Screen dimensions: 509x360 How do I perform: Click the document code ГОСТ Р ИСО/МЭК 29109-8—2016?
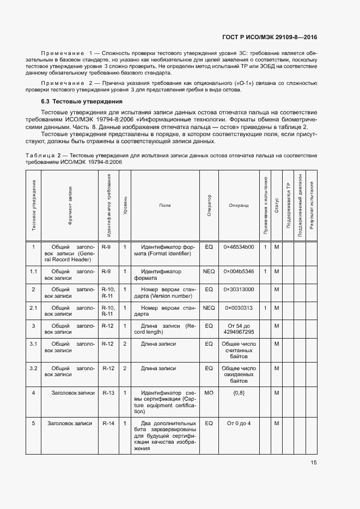click(270, 38)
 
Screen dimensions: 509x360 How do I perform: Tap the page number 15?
click(314, 463)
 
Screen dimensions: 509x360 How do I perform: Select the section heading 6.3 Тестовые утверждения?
click(82, 102)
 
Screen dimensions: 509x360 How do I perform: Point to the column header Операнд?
click(239, 205)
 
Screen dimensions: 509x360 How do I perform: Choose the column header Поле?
click(165, 205)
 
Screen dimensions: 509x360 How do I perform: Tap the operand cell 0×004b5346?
click(239, 271)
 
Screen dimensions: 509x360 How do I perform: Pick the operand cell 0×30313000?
click(239, 289)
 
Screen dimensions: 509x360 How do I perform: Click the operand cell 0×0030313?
click(239, 308)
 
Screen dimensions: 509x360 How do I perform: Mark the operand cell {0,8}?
click(239, 393)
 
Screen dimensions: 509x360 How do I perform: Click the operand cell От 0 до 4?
click(239, 423)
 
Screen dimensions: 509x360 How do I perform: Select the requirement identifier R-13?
click(108, 393)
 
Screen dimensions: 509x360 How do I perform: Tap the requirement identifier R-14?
click(108, 423)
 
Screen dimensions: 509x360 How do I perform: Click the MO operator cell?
click(209, 393)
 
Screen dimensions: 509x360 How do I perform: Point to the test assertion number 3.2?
click(33, 369)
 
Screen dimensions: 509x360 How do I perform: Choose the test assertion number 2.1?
click(33, 308)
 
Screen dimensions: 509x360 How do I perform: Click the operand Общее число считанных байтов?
click(239, 350)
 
